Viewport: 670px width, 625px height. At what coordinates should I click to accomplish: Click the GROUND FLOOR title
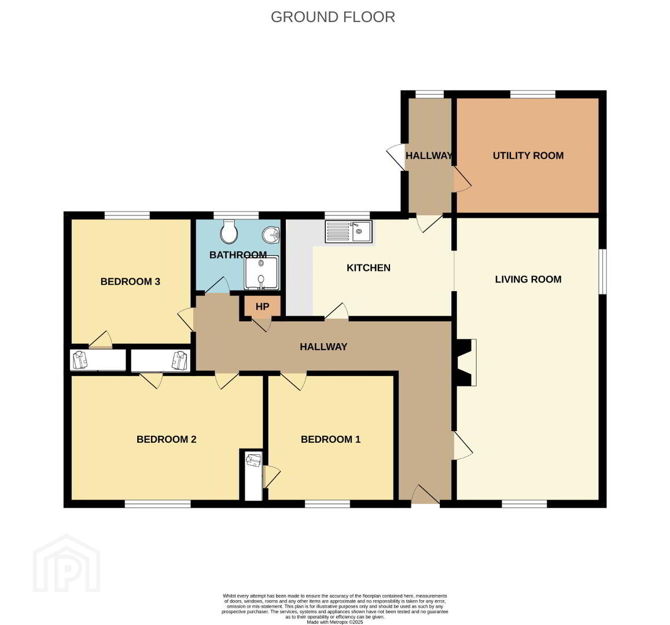click(333, 17)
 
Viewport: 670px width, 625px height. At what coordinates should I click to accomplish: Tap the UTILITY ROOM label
click(528, 156)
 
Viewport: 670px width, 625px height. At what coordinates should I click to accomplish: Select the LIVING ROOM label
click(528, 279)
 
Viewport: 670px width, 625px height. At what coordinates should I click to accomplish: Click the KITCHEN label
click(369, 267)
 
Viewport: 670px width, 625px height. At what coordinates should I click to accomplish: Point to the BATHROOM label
click(238, 255)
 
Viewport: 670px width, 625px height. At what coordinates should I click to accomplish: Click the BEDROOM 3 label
click(130, 281)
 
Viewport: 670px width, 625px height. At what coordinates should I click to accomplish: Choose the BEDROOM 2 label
click(166, 439)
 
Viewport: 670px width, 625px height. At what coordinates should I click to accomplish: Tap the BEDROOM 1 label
click(331, 439)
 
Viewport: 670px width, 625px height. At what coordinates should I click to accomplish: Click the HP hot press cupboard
click(262, 307)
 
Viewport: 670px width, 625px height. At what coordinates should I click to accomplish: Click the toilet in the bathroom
click(230, 231)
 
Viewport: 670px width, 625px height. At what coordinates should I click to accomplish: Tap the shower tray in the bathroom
click(261, 273)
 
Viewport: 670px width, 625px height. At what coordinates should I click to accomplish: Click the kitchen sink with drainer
click(349, 231)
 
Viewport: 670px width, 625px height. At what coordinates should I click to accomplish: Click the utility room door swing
click(462, 179)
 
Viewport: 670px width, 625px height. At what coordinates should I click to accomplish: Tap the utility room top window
click(533, 94)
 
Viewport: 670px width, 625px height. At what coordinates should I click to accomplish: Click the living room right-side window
click(602, 271)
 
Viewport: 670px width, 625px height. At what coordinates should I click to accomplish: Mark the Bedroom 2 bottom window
click(158, 504)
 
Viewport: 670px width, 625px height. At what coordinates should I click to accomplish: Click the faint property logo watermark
click(67, 563)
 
